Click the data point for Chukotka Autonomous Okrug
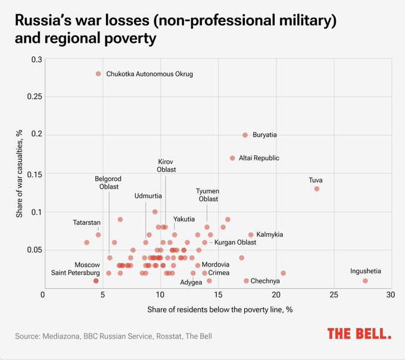click(x=98, y=74)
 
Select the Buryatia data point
click(x=245, y=135)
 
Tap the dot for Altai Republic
click(x=232, y=158)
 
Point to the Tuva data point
click(x=317, y=189)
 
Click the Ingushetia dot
click(x=365, y=281)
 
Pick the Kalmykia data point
click(x=251, y=235)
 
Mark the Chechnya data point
click(x=246, y=281)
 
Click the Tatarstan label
click(x=87, y=222)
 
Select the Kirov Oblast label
click(x=166, y=165)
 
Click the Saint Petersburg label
click(x=75, y=273)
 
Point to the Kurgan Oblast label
click(x=235, y=242)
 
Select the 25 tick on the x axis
click(x=334, y=295)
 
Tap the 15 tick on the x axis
click(x=217, y=295)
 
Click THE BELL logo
click(x=359, y=334)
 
